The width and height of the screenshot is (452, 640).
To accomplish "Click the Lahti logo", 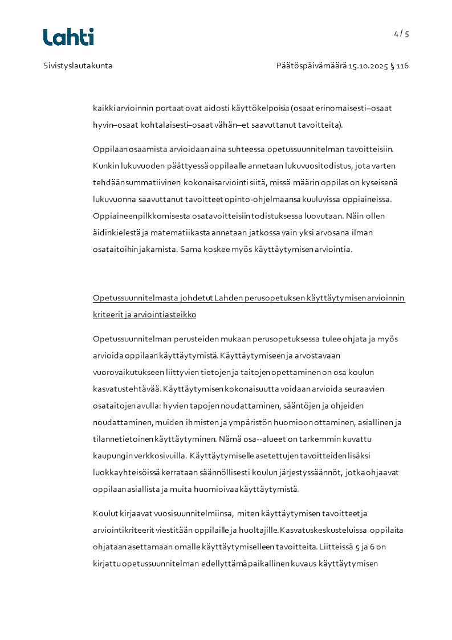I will tap(68, 37).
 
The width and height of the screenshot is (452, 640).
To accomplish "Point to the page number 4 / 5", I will tap(401, 34).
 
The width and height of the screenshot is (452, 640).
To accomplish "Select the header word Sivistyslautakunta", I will tap(78, 66).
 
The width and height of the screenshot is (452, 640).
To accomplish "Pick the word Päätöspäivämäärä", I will tap(311, 66).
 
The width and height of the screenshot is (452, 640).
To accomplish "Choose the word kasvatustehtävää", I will tap(127, 389).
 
